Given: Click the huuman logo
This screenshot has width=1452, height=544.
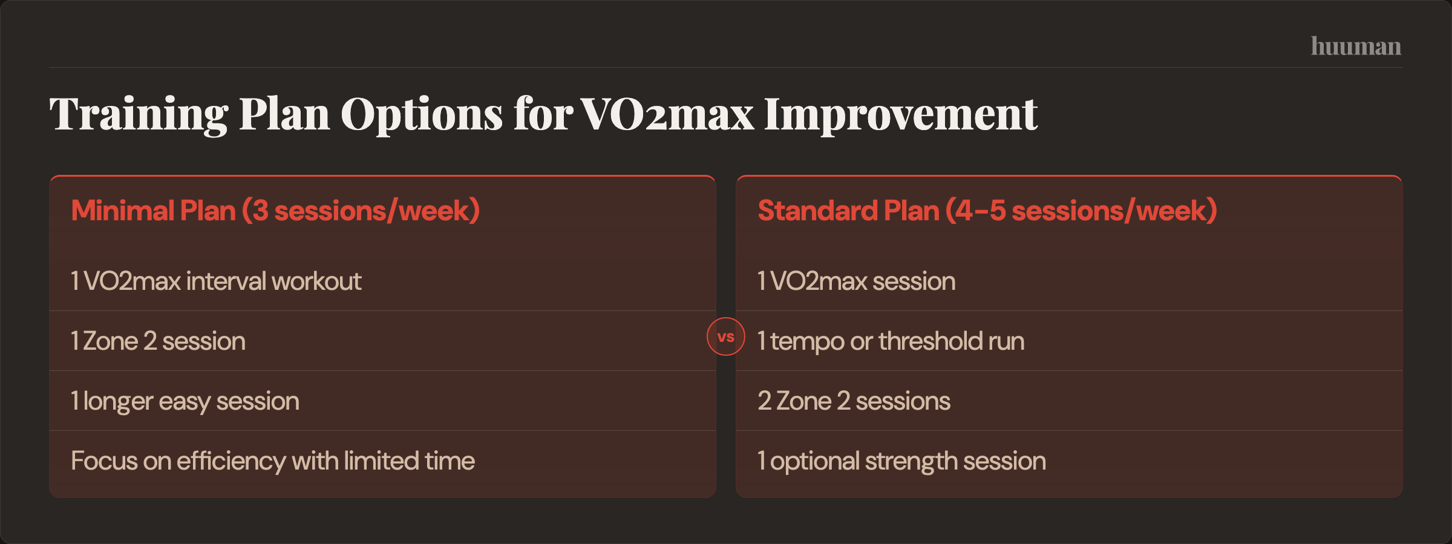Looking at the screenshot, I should pos(1356,47).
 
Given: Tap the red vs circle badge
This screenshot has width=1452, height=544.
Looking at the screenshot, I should pos(725,336).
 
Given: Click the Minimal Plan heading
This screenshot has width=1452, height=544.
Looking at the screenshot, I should pos(275,211).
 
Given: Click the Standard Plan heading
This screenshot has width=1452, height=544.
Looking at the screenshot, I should pos(987,211).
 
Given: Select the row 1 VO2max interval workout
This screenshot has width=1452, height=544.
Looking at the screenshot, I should pos(216,281).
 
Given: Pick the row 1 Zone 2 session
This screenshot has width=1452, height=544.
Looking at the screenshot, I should pos(158,341).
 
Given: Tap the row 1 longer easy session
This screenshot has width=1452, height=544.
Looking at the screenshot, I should pos(185,401).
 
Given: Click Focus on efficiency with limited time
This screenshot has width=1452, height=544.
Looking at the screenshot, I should pos(272,460).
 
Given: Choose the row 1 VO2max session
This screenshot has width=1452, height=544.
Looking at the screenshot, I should pos(856,281).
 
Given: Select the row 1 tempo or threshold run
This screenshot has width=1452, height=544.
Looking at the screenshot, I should pos(891,341).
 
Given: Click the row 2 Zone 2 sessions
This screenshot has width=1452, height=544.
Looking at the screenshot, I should pos(854,401).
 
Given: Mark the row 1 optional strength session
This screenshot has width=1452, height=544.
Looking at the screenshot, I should pos(901,460).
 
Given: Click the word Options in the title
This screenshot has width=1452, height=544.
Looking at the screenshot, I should pos(421,115).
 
